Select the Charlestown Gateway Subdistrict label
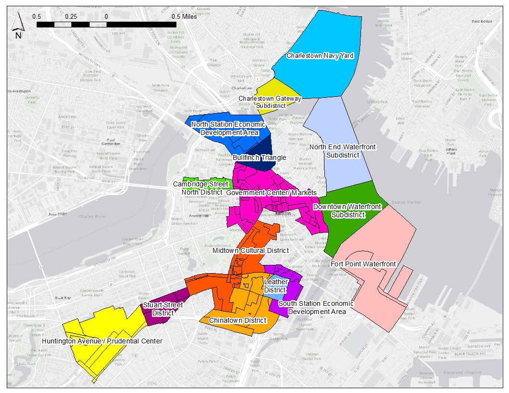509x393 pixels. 270,102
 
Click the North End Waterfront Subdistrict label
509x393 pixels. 342,151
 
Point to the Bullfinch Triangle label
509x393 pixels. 259,157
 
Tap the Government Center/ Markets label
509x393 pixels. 271,193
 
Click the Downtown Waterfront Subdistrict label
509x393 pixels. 347,211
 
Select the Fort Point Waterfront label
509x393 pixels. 363,264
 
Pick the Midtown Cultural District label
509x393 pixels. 251,250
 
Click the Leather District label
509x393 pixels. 276,286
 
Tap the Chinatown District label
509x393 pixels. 238,320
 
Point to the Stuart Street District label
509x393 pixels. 156,309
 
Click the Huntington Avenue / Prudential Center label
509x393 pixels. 102,341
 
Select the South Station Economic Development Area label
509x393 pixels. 316,307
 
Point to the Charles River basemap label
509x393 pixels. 92,217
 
